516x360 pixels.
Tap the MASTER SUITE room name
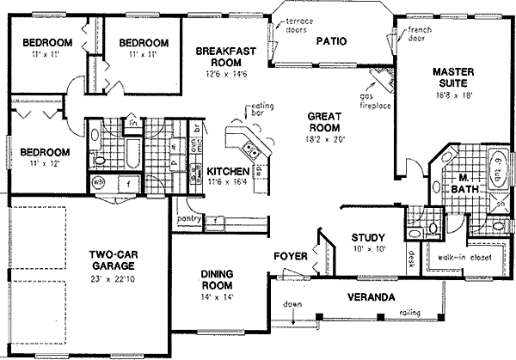coord(449,77)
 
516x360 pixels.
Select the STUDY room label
coord(366,237)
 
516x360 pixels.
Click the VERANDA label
coord(371,297)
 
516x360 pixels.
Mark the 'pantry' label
coord(190,219)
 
